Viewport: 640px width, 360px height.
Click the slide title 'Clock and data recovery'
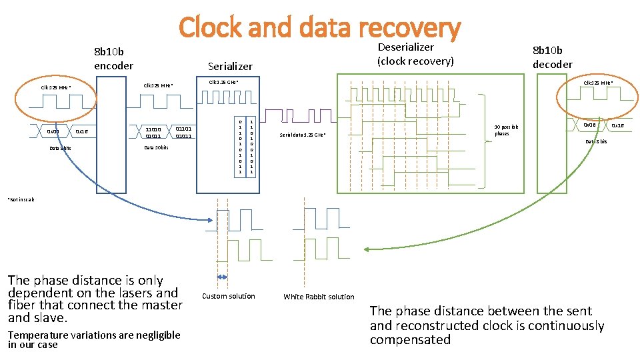point(319,27)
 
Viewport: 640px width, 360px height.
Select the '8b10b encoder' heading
point(113,59)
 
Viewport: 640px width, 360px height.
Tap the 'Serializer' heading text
point(230,66)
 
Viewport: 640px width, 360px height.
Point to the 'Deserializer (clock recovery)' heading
point(415,54)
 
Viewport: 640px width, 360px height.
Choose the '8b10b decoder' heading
point(552,57)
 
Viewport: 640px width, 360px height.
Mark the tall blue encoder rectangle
point(111,167)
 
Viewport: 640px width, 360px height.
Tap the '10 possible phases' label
point(506,130)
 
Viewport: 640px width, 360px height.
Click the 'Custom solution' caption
point(228,296)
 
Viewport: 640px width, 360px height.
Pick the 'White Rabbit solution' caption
point(319,297)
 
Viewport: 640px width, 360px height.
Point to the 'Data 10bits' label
point(157,147)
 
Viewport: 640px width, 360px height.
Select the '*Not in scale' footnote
point(21,199)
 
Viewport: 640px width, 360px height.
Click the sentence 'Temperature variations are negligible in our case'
point(94,340)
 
